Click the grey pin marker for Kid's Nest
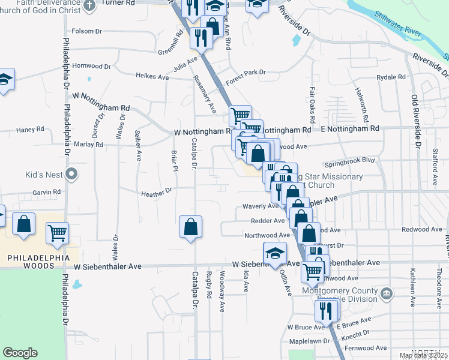click(72, 175)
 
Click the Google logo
click(20, 353)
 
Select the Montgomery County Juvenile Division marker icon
click(387, 293)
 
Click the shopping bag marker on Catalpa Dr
click(190, 226)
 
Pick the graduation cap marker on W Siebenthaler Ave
click(275, 253)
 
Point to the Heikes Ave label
click(136, 77)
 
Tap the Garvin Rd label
click(47, 192)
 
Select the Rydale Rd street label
click(391, 77)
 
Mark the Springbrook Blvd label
click(349, 161)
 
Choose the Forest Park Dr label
click(246, 73)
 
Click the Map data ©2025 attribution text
click(423, 355)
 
